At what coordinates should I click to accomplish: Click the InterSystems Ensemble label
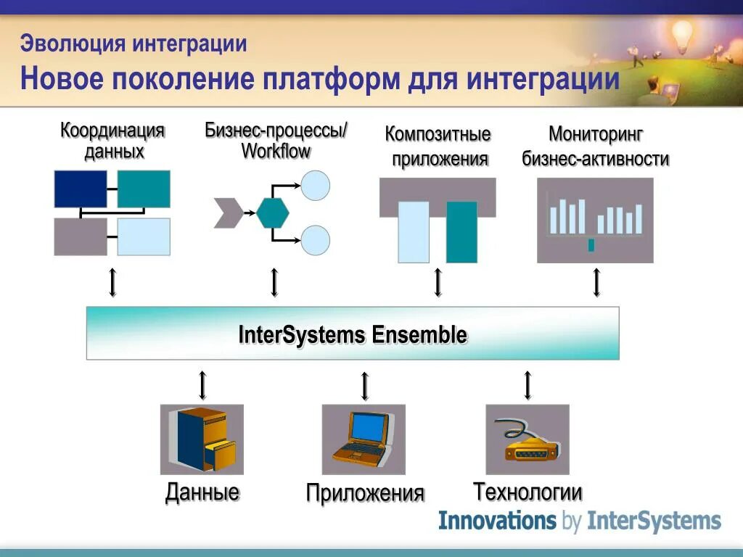[353, 334]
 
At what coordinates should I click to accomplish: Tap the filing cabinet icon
[202, 440]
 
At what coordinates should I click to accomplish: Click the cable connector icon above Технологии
[528, 440]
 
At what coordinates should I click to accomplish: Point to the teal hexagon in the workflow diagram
[273, 212]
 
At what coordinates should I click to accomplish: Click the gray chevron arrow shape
[229, 212]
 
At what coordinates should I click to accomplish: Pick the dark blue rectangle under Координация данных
[81, 189]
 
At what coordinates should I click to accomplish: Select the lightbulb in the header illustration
[682, 33]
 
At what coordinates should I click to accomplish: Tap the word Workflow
[276, 152]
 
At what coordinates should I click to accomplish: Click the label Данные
[202, 492]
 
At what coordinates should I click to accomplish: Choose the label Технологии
[528, 492]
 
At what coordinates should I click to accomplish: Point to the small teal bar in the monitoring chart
[591, 245]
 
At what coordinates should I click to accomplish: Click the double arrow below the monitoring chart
[596, 283]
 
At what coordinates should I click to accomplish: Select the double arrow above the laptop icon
[365, 386]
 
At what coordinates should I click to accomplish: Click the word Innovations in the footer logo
[496, 521]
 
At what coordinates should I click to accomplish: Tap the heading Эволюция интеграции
[134, 44]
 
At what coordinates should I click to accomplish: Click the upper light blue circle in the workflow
[316, 185]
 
